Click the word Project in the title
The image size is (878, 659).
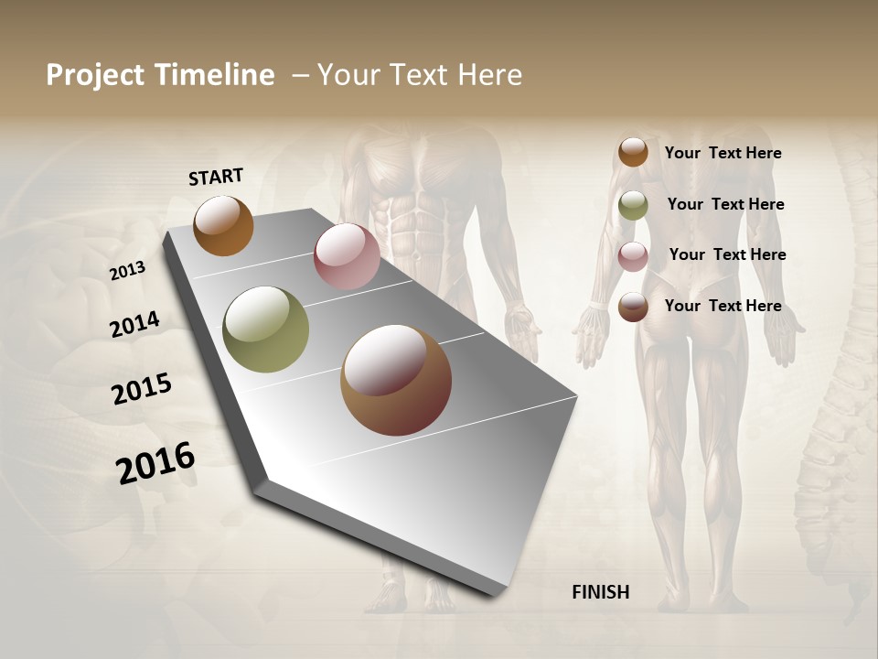point(95,75)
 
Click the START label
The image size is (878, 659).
point(216,177)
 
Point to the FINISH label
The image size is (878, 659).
point(601,592)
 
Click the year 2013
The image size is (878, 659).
point(127,271)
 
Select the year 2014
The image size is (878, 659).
point(134,324)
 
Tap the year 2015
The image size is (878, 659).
point(142,389)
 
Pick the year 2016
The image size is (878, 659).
point(155,462)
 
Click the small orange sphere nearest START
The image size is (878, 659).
point(223,225)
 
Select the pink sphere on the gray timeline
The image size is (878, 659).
point(347,256)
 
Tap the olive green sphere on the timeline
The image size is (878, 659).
point(266,329)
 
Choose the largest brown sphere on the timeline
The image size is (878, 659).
point(396,380)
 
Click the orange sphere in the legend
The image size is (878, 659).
point(633,152)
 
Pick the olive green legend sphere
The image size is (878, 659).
point(633,205)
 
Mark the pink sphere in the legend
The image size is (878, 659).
point(633,256)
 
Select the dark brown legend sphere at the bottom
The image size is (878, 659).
point(633,308)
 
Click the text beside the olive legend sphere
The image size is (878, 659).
point(725,204)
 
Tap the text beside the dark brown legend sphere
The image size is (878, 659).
point(723,306)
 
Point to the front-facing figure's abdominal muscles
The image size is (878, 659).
point(423,215)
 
